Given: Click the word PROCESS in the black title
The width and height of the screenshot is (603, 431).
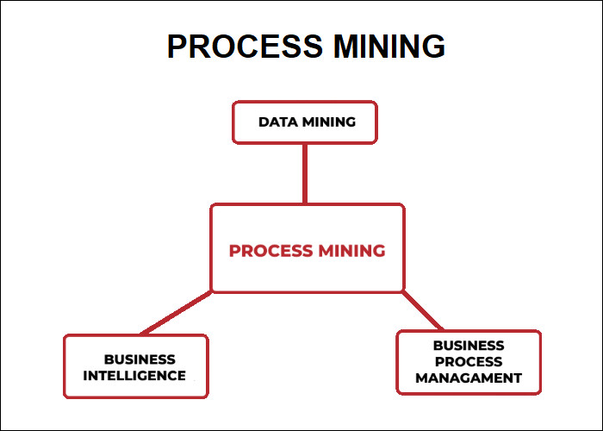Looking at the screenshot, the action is coord(245,47).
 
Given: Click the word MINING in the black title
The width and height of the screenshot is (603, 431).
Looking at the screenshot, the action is coord(389,47).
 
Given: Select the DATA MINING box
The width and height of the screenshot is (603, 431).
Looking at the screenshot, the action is coord(305,122).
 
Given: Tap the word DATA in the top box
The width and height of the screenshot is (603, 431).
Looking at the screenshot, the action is coord(278,122).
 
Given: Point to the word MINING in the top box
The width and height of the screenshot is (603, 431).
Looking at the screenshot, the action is coord(329,122).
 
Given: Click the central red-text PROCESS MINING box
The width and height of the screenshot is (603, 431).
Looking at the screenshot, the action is coord(308,248).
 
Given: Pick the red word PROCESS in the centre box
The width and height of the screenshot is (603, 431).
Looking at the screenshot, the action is coord(270,251).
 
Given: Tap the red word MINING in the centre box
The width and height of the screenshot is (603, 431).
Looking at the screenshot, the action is coord(351,251).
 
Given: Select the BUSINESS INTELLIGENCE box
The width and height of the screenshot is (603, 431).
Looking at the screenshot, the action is coord(136,366).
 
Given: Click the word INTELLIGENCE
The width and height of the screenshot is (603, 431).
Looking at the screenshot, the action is coord(134,376).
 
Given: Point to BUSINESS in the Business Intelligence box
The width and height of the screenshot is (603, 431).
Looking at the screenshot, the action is coord(140,359).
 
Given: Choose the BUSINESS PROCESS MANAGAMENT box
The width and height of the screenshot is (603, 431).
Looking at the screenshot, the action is coord(469,362).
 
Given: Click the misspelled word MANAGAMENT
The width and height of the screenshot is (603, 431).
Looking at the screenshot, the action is coord(469,378).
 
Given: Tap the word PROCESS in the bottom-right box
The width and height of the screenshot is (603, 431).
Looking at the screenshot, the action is coord(469,362).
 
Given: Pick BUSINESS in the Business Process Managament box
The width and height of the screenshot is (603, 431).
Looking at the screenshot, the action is coord(469,346).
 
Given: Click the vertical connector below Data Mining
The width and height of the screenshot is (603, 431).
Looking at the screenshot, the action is coord(305,174).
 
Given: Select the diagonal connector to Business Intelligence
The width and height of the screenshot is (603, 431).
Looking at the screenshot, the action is coord(176,313).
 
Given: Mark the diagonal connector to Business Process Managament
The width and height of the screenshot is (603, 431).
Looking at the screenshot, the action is coord(423,311).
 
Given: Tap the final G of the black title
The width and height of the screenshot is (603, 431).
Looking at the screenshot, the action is coord(434,47).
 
